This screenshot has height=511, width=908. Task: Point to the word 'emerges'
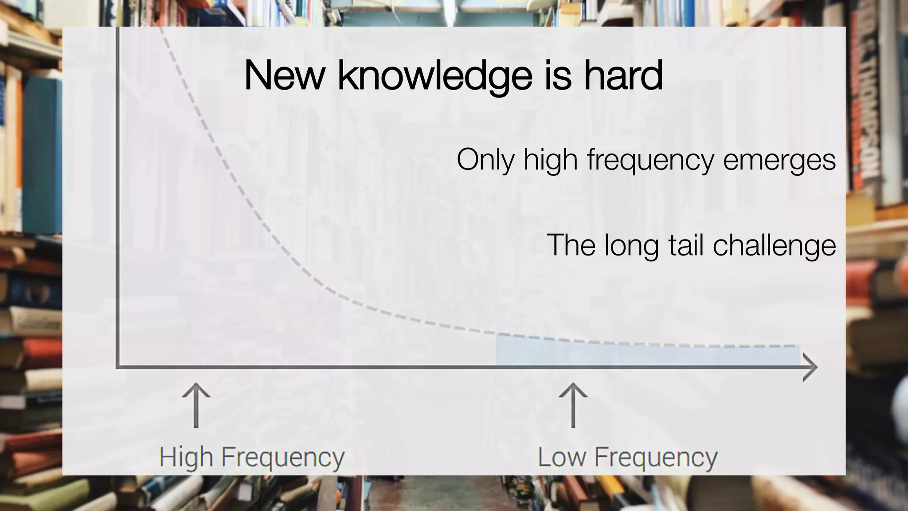[x=779, y=160]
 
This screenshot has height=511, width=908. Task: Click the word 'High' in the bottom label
[x=186, y=457]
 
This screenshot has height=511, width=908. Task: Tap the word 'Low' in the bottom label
[x=561, y=457]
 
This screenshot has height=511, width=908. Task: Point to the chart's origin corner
[x=118, y=366]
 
